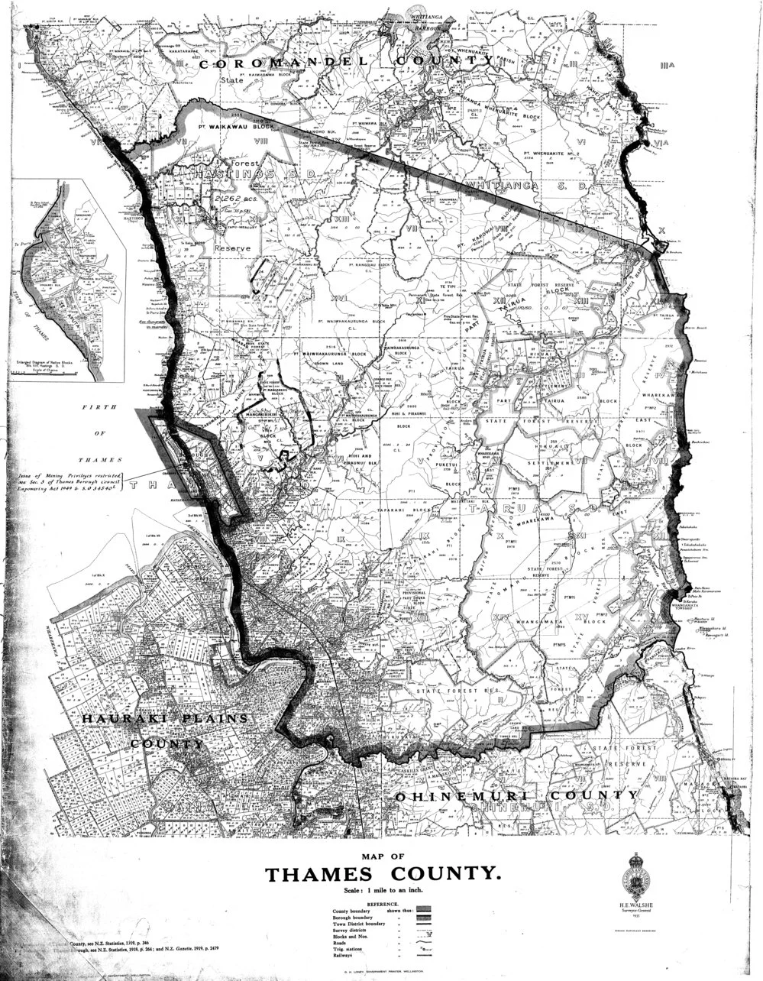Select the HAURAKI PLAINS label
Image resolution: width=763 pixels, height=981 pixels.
pyautogui.click(x=167, y=720)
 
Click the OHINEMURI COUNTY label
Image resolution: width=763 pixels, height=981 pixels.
pyautogui.click(x=516, y=795)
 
